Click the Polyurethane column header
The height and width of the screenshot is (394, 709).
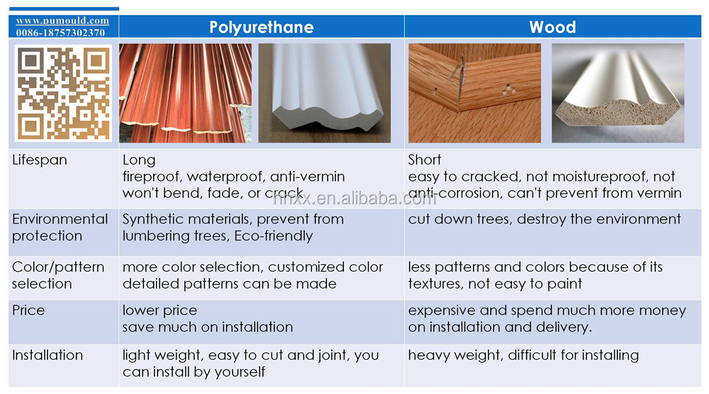coord(262,27)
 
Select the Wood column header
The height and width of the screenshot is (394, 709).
coord(552,27)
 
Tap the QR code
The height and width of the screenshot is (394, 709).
coord(63,93)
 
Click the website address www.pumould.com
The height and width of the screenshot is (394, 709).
coord(62,21)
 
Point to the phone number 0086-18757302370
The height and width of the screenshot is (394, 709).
coord(60,33)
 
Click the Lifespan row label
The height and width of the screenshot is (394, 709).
coord(39,160)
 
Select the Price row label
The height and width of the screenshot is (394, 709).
coord(28,310)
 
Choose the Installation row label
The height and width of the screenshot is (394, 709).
coord(48,355)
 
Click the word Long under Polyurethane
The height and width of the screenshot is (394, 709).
coord(139,160)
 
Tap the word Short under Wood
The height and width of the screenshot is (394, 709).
coord(425,160)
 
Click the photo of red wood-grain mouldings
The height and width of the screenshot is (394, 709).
coord(185,93)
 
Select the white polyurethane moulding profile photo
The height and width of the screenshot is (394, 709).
coord(325,93)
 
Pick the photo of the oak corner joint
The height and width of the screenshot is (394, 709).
coord(475,93)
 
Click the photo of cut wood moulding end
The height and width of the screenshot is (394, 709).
coord(618,93)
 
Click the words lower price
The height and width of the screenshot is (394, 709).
coord(160,311)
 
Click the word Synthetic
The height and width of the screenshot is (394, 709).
coord(154,219)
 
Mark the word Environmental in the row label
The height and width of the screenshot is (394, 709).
coord(60,219)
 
